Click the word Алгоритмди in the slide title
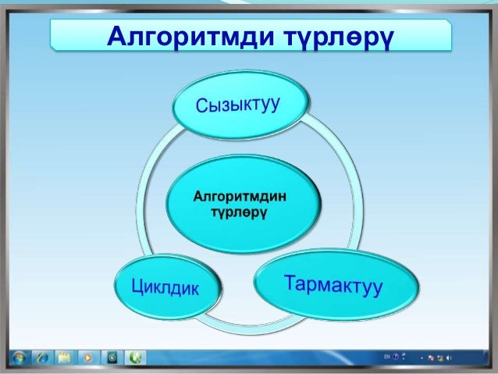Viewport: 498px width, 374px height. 187,36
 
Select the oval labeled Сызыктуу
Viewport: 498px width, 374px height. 240,106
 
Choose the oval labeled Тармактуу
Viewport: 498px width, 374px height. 333,285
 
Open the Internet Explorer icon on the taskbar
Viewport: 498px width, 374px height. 42,358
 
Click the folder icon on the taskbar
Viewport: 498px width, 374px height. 64,358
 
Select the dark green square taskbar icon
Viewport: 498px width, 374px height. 112,358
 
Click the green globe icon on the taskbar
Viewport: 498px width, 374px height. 137,358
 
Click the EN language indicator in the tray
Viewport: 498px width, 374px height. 386,356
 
